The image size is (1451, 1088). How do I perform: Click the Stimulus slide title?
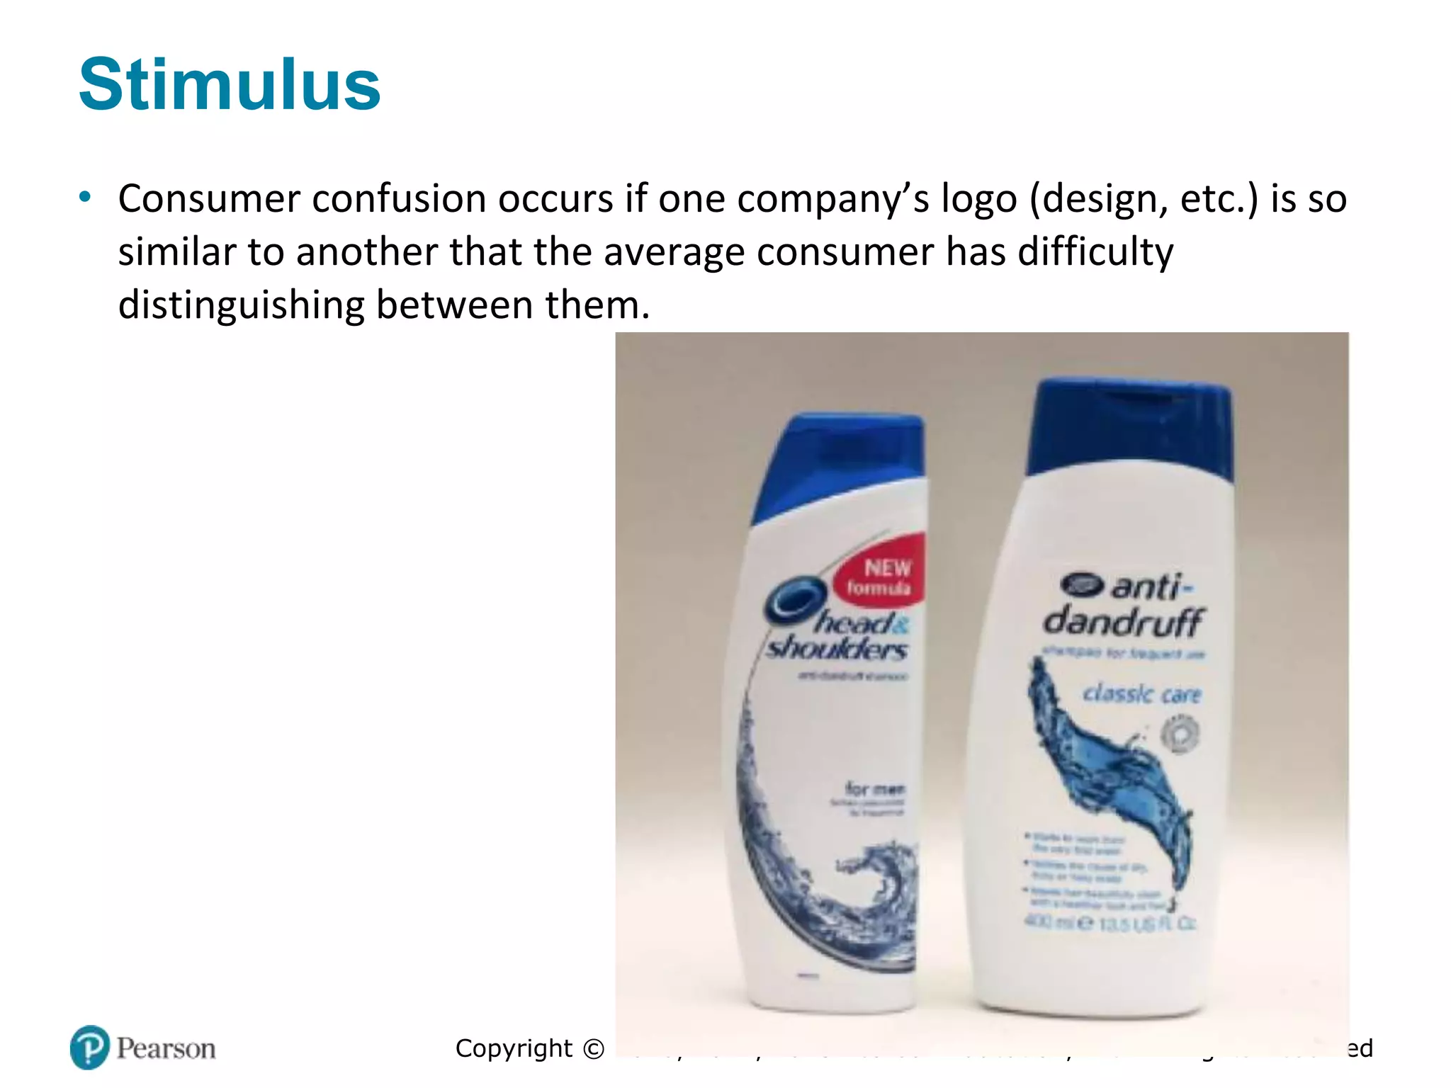(x=230, y=85)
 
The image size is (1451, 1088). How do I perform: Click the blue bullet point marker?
(x=85, y=197)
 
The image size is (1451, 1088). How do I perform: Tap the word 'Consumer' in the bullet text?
(x=209, y=199)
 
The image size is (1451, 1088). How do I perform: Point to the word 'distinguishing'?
(x=240, y=305)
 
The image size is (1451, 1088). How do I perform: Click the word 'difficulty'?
(x=1095, y=252)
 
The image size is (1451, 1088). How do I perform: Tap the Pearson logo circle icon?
(x=90, y=1047)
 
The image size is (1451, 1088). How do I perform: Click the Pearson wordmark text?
(x=166, y=1048)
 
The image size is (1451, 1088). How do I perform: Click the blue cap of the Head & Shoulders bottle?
(x=843, y=460)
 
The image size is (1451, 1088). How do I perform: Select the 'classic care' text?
(x=1141, y=694)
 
